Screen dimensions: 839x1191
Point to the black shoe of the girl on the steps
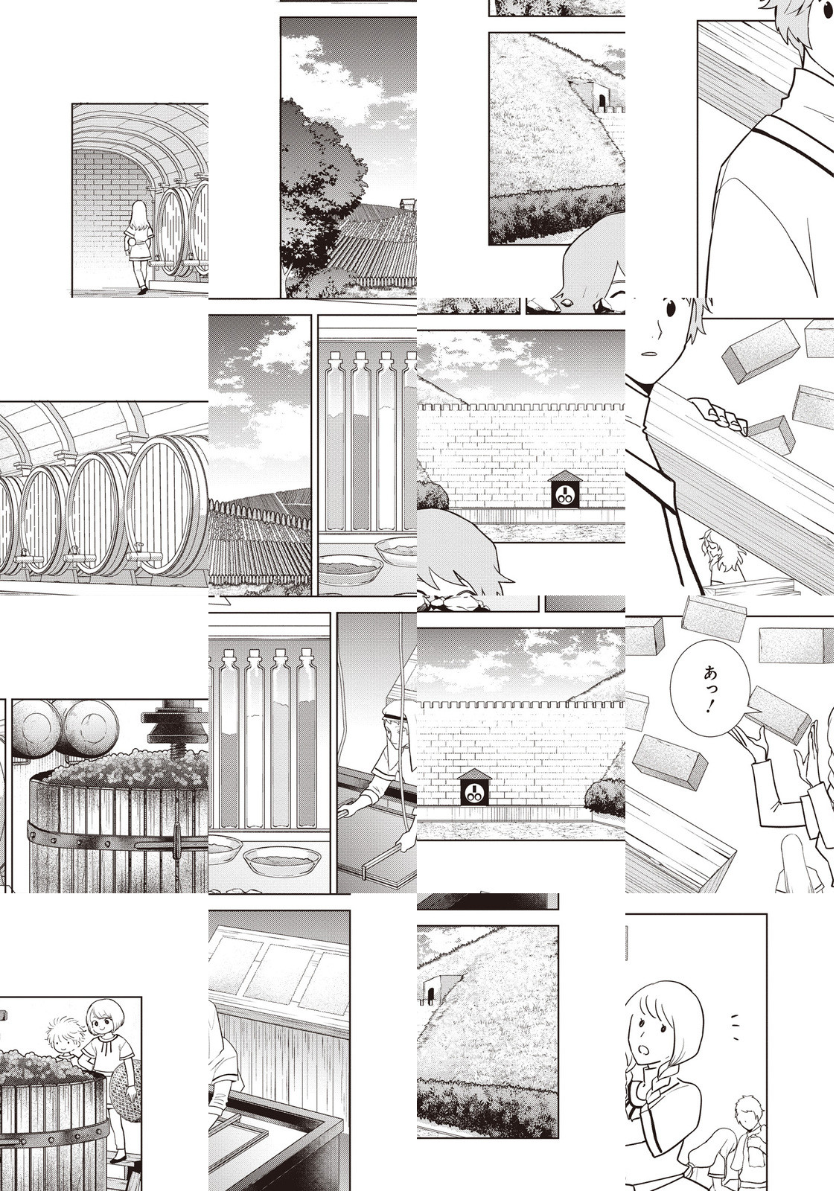point(142,290)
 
